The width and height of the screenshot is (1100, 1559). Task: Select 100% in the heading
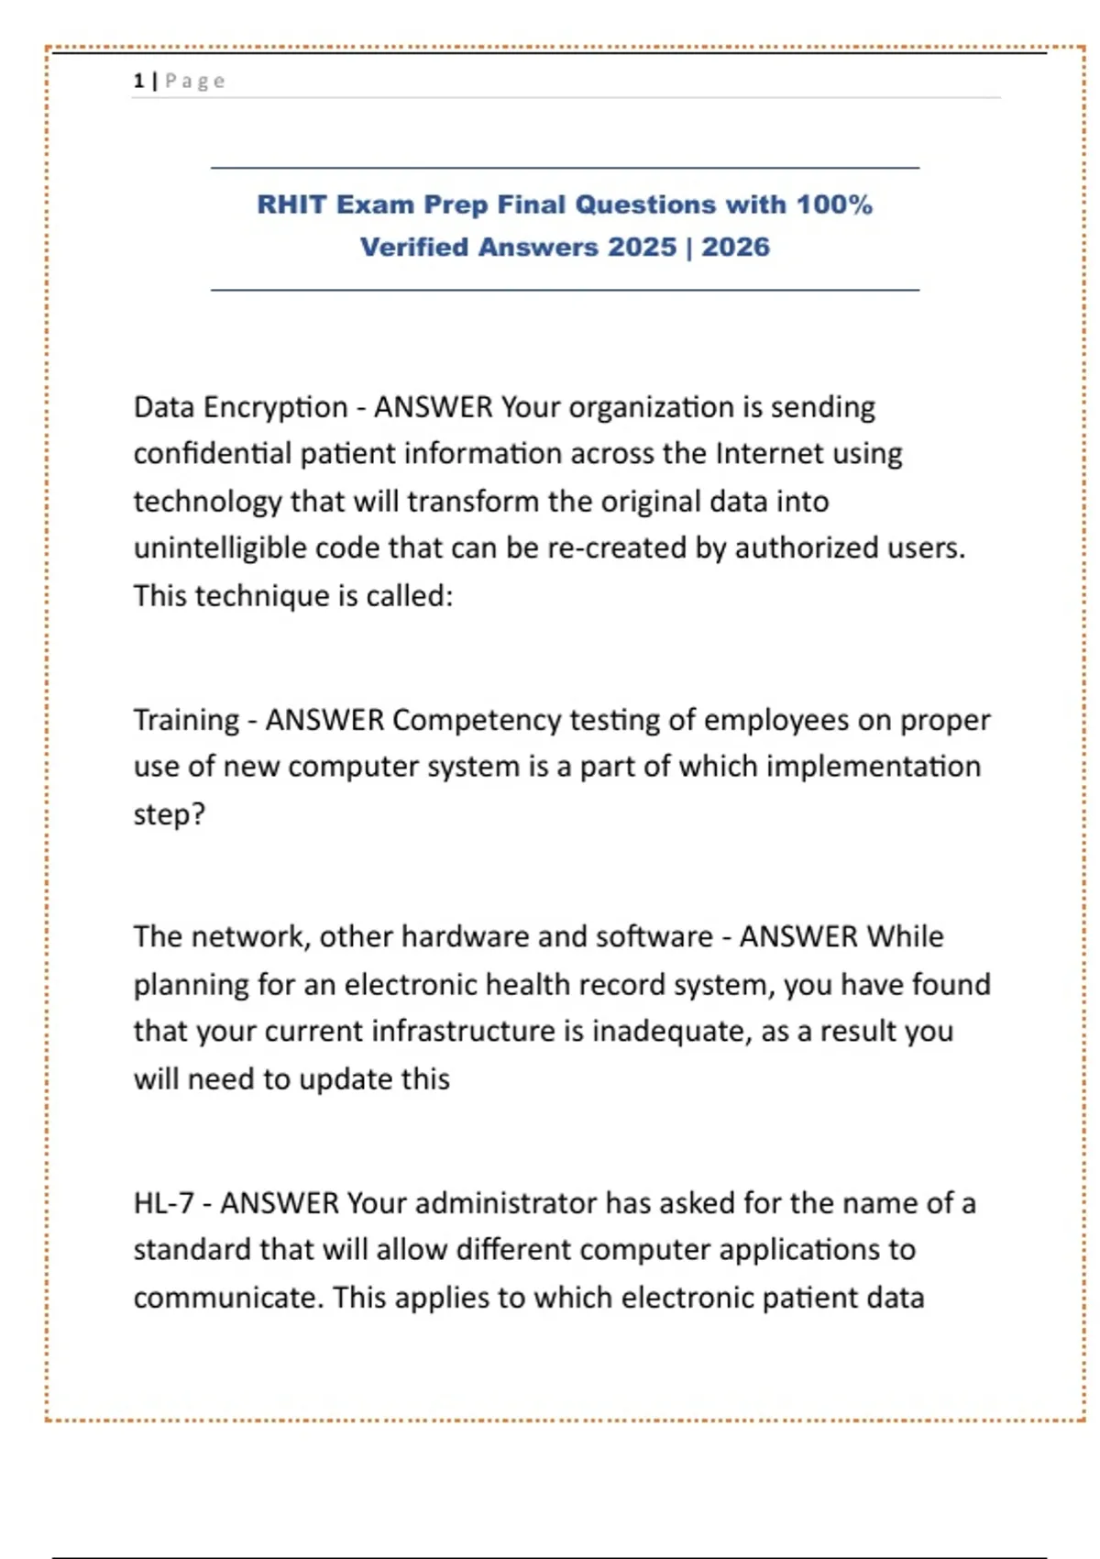[833, 205]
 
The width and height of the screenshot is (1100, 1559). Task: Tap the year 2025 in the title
[642, 248]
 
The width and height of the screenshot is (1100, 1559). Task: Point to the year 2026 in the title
[735, 248]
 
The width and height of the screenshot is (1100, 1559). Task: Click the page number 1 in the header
[138, 81]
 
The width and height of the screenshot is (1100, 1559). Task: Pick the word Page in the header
[194, 81]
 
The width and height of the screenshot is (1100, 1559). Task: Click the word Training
[186, 721]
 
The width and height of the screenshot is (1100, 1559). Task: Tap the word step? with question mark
[170, 814]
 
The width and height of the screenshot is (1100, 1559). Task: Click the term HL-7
[163, 1203]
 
